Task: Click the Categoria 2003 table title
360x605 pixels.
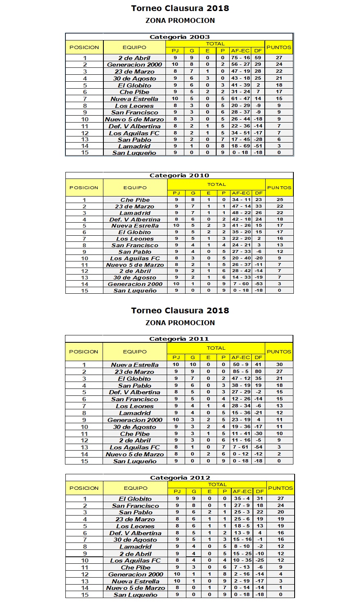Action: coord(179,37)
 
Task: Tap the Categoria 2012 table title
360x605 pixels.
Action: coord(180,478)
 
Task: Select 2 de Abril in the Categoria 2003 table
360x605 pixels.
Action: coord(134,58)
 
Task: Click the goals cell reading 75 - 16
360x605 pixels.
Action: coord(240,58)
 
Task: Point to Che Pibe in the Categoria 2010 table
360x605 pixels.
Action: coord(135,200)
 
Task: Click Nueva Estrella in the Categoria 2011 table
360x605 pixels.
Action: coord(134,365)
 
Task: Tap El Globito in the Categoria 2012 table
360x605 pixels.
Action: coord(135,499)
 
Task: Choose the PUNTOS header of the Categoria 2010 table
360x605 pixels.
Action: coord(279,188)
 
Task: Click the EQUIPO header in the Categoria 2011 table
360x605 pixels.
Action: coord(134,351)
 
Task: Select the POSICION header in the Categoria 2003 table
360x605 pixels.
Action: coord(84,47)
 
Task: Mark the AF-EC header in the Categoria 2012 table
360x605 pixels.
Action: coord(242,491)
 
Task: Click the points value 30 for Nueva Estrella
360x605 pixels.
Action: coord(279,364)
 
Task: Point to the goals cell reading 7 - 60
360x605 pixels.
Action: coord(241,284)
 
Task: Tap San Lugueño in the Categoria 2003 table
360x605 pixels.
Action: coord(134,153)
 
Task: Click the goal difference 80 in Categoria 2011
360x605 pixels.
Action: coord(258,372)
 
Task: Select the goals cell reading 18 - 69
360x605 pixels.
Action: coord(240,146)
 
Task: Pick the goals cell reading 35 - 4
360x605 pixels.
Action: coord(242,498)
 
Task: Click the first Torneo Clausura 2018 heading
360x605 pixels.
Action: coord(180,8)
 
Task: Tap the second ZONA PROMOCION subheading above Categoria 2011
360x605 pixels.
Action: coord(180,323)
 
